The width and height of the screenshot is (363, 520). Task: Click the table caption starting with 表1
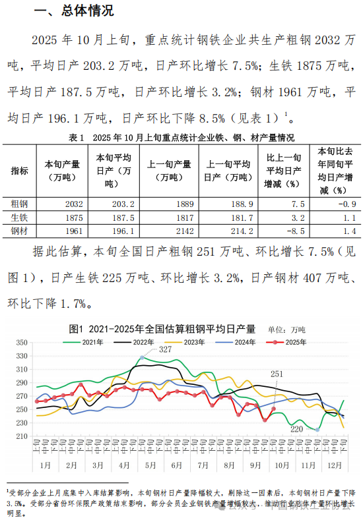pos(181,138)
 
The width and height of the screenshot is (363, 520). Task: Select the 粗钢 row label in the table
pos(20,204)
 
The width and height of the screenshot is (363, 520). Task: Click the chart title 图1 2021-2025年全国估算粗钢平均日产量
pos(162,328)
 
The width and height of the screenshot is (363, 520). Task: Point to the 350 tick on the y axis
pos(21,343)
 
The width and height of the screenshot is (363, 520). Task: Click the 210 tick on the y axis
pos(21,436)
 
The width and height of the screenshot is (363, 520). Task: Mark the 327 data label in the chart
pos(165,349)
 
